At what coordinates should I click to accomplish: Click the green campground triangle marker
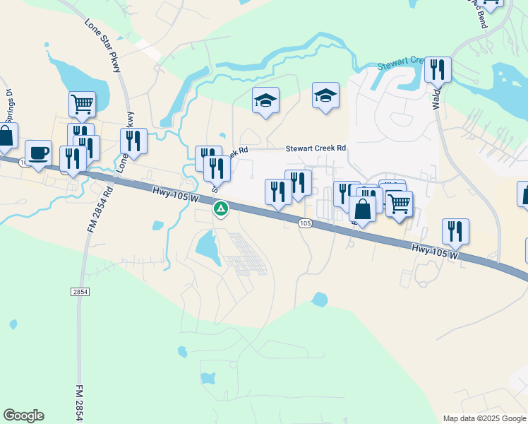click(221, 208)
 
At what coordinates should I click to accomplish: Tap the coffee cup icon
click(37, 152)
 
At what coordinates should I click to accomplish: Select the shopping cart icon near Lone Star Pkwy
click(82, 105)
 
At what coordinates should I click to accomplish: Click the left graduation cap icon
click(266, 100)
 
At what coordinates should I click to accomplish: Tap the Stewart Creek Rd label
click(316, 149)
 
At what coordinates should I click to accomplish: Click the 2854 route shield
click(80, 291)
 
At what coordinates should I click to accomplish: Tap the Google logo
click(23, 416)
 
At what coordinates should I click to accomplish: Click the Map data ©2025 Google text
click(484, 418)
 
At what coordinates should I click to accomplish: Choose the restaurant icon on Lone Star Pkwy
click(133, 141)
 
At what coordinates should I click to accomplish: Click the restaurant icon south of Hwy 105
click(455, 231)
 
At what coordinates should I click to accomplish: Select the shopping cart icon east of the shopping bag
click(399, 204)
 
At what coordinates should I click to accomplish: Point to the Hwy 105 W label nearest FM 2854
click(174, 192)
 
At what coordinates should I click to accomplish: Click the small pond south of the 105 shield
click(320, 300)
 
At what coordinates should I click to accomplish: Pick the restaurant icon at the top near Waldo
click(438, 70)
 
